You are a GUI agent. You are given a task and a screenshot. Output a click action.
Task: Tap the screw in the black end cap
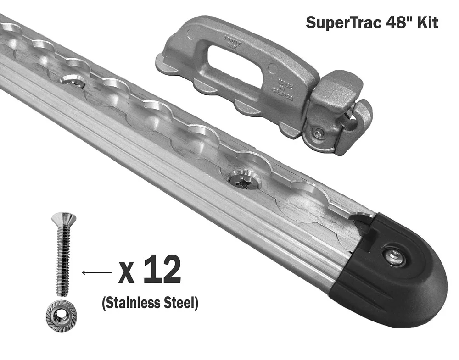coord(393,257)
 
